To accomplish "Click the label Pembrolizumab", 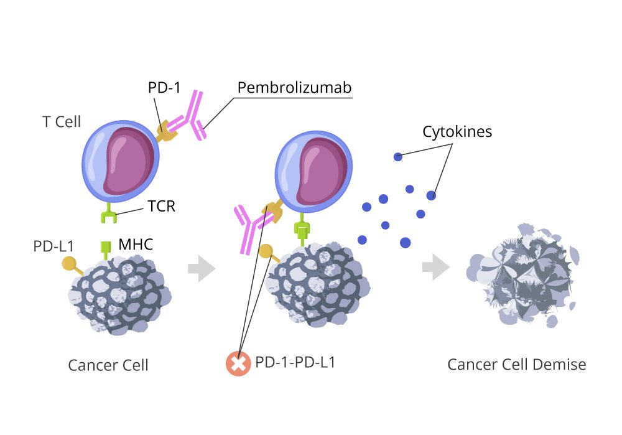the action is [x=294, y=88].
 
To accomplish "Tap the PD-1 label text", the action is [x=164, y=87].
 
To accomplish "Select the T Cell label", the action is [x=62, y=121].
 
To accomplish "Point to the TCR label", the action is [x=162, y=206].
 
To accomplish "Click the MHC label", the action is [x=136, y=244].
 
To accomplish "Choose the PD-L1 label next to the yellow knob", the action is [x=53, y=246].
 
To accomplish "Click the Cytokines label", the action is [x=457, y=132].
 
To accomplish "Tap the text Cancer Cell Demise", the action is [x=517, y=364].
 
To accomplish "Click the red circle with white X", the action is [x=238, y=363].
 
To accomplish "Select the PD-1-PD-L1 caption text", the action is [x=295, y=362].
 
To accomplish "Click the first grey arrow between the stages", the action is [x=202, y=269].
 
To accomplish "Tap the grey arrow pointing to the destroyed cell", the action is [x=436, y=267].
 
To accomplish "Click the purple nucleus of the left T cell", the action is [x=129, y=161].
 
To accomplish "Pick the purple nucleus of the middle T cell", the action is [x=322, y=172].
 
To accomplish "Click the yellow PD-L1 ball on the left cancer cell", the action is [x=70, y=263].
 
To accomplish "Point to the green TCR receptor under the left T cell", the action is [x=109, y=213].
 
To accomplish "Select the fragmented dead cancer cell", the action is [x=523, y=275].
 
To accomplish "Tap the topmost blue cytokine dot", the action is [x=398, y=157].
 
